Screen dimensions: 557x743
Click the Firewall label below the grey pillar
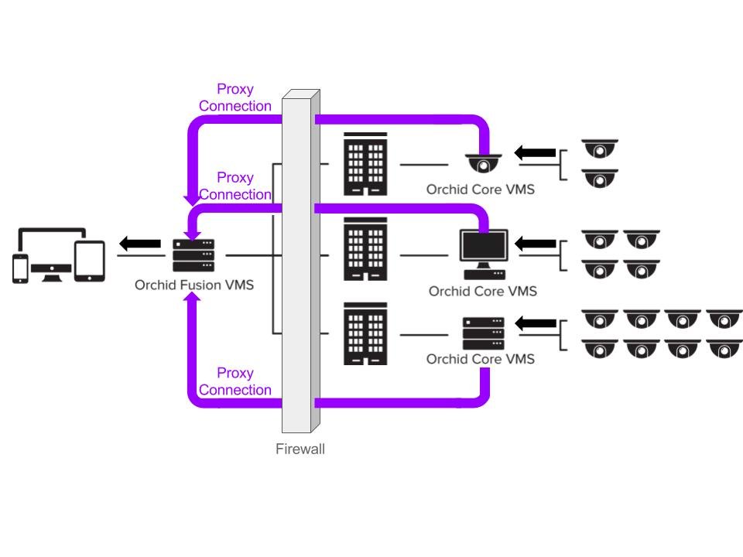[300, 449]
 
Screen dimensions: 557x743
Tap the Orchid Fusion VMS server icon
[193, 255]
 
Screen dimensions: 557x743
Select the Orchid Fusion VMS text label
[194, 285]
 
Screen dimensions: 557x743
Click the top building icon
[365, 164]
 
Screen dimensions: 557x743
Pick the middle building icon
[365, 248]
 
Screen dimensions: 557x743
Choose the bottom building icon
[365, 333]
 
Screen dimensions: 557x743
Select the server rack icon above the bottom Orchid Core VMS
[484, 333]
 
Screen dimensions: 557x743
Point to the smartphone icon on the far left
[22, 268]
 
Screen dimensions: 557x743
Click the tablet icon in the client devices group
[90, 261]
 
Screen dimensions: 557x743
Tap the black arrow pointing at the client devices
[140, 244]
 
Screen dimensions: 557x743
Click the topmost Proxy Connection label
[235, 97]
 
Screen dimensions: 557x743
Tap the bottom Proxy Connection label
[235, 381]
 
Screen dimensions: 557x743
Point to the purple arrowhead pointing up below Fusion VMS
[193, 300]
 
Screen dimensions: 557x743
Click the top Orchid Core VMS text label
[480, 190]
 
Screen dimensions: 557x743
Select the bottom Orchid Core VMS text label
[480, 359]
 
